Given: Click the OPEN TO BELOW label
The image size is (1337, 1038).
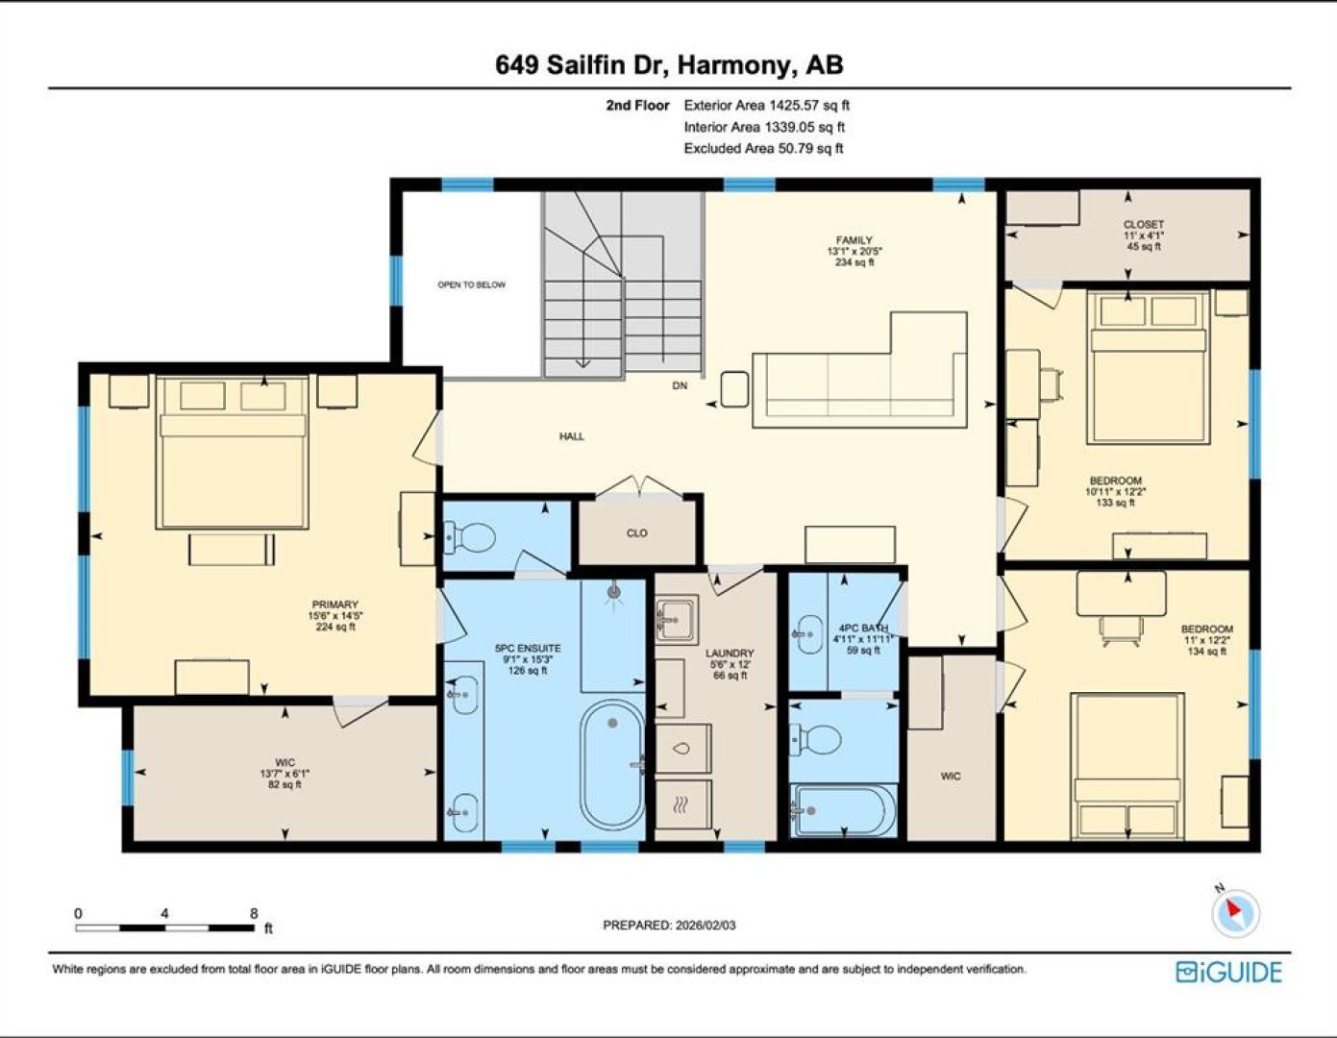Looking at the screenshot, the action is point(471,284).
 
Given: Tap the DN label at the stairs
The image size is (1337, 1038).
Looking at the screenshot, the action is point(680,385).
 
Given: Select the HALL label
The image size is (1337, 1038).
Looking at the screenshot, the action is point(572,436).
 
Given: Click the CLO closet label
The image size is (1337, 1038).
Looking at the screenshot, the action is point(637,533).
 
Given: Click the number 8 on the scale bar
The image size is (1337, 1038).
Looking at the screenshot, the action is point(254,914).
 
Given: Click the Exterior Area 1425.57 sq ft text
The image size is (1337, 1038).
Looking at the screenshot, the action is point(767,105).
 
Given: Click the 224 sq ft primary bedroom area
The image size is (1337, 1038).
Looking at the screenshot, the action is point(334,627).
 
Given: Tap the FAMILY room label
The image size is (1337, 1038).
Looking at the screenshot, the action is point(854,240).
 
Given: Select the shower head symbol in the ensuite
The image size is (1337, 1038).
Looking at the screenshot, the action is point(613,593).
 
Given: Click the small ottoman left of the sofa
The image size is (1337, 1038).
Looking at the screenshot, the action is point(734,389).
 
